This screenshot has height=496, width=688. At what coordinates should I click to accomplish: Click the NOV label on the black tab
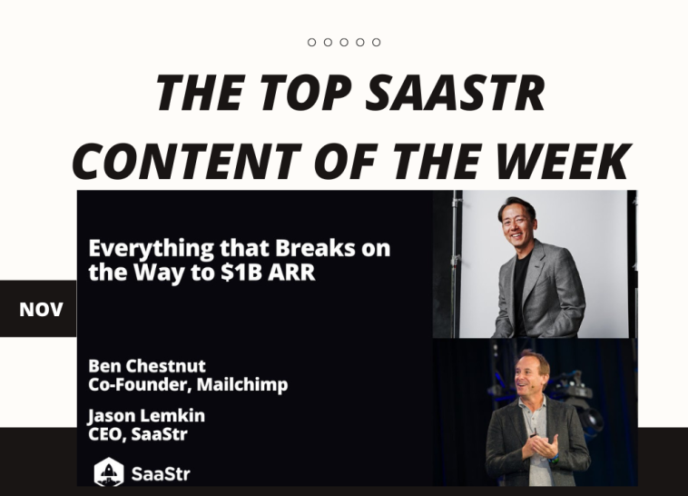pyautogui.click(x=41, y=310)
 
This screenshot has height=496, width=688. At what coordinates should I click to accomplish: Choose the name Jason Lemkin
pyautogui.click(x=144, y=416)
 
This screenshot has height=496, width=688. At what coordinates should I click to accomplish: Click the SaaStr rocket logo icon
pyautogui.click(x=108, y=471)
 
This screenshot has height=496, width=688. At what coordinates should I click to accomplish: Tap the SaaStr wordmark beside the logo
pyautogui.click(x=161, y=473)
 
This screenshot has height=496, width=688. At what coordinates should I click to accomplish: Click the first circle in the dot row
pyautogui.click(x=312, y=43)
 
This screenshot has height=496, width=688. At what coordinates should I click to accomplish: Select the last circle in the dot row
pyautogui.click(x=376, y=43)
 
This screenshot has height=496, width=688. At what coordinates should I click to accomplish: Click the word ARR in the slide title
pyautogui.click(x=290, y=272)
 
